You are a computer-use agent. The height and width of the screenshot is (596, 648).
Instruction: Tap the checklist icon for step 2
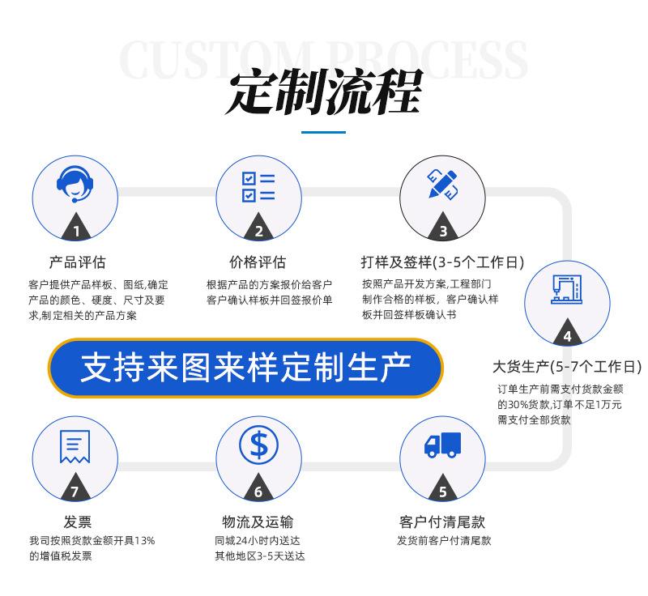coord(258,185)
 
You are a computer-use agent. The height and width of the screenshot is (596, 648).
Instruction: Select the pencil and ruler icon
coord(442,184)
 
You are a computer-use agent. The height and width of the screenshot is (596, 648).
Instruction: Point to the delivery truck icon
coord(442,445)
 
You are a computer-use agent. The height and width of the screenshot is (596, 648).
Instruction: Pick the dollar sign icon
coord(258,445)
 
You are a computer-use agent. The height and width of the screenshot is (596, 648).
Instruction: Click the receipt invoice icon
coord(75,446)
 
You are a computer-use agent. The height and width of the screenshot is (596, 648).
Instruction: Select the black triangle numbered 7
coord(75,489)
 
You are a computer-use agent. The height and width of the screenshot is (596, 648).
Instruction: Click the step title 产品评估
coord(77,262)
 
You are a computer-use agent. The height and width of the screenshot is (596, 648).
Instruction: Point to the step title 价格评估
coord(258,262)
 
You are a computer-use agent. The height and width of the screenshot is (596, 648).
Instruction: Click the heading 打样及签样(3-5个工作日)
coord(442,262)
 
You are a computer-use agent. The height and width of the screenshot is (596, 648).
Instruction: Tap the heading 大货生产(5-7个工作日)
coord(567,366)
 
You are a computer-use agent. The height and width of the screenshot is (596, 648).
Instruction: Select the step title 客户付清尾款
coord(442,521)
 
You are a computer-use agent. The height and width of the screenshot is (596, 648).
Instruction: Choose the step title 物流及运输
coord(258,521)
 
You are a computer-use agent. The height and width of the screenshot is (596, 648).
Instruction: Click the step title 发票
coord(77,521)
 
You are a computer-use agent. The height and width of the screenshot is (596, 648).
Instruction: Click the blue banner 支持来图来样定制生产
coord(245,368)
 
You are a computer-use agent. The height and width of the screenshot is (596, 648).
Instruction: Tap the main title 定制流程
coord(323,94)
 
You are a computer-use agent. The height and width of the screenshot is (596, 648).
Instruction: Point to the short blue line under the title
coord(323,132)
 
